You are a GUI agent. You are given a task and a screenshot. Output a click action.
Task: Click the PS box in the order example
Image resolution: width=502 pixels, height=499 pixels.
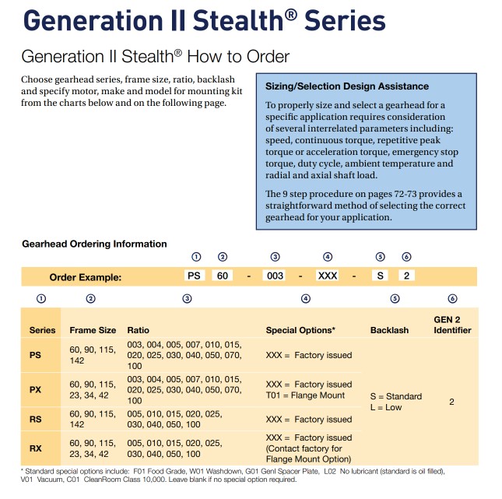click(x=194, y=276)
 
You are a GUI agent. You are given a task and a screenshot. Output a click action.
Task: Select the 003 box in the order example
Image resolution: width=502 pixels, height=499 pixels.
click(x=275, y=276)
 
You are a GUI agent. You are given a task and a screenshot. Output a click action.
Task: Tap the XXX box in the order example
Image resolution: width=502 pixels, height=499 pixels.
click(x=328, y=276)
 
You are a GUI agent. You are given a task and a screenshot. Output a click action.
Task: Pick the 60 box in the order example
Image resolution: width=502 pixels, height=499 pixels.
click(x=222, y=276)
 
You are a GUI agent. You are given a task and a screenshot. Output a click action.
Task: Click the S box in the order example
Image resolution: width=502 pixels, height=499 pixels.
click(x=380, y=276)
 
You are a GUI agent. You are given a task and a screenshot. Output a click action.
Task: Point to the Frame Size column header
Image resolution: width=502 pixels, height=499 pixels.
click(x=93, y=330)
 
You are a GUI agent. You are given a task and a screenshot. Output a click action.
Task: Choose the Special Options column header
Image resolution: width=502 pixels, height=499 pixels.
click(x=300, y=330)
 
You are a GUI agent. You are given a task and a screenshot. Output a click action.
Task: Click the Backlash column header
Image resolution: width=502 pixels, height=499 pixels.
click(x=389, y=330)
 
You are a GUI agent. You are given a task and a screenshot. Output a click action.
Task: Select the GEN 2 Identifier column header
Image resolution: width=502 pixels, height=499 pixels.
click(x=452, y=325)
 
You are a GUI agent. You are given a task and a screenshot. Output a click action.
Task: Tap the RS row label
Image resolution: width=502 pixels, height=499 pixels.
click(x=35, y=420)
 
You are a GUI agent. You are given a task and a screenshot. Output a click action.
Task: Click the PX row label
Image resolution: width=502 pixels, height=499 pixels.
click(x=35, y=390)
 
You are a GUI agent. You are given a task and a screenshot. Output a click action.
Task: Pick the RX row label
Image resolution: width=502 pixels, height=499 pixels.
click(x=35, y=448)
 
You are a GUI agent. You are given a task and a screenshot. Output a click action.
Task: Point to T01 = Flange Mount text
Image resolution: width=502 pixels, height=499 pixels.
click(x=305, y=395)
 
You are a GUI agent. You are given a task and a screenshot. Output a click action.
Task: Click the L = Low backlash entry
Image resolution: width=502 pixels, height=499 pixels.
click(x=386, y=407)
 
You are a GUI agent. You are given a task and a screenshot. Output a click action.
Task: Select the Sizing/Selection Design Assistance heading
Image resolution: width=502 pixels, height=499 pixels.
click(x=347, y=86)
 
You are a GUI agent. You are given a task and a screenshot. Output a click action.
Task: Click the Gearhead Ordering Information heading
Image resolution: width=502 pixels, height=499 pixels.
click(x=94, y=244)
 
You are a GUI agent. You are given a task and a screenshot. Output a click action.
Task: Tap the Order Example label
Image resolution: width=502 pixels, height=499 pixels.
click(x=86, y=277)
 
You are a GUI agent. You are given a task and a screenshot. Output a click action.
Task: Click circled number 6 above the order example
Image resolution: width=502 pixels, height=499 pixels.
click(x=406, y=257)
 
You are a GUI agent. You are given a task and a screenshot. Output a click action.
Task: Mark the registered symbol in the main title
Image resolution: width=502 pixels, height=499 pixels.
click(x=291, y=14)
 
